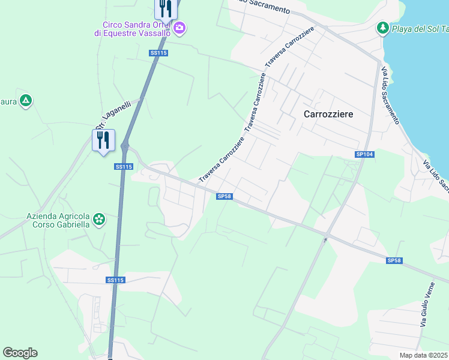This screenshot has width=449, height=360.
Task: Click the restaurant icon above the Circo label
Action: click(x=164, y=9)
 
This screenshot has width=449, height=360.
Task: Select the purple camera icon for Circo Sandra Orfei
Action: click(x=179, y=28)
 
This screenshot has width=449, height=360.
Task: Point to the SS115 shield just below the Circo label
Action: click(x=158, y=53)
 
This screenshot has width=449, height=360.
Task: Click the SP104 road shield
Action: click(x=364, y=155)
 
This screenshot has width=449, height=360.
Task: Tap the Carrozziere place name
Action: click(x=328, y=113)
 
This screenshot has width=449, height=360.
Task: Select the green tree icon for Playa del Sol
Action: click(x=382, y=28)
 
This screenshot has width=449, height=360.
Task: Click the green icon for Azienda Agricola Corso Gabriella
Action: click(x=99, y=221)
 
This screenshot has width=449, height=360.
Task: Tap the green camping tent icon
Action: click(x=25, y=100)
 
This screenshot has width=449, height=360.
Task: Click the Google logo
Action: click(x=20, y=353)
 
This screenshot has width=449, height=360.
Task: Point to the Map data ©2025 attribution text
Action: click(x=424, y=355)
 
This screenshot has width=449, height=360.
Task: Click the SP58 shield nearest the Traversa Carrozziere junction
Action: click(x=224, y=196)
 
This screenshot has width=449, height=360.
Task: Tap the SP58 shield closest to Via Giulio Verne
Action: click(x=394, y=260)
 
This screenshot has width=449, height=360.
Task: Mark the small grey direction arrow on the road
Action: click(x=326, y=240)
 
